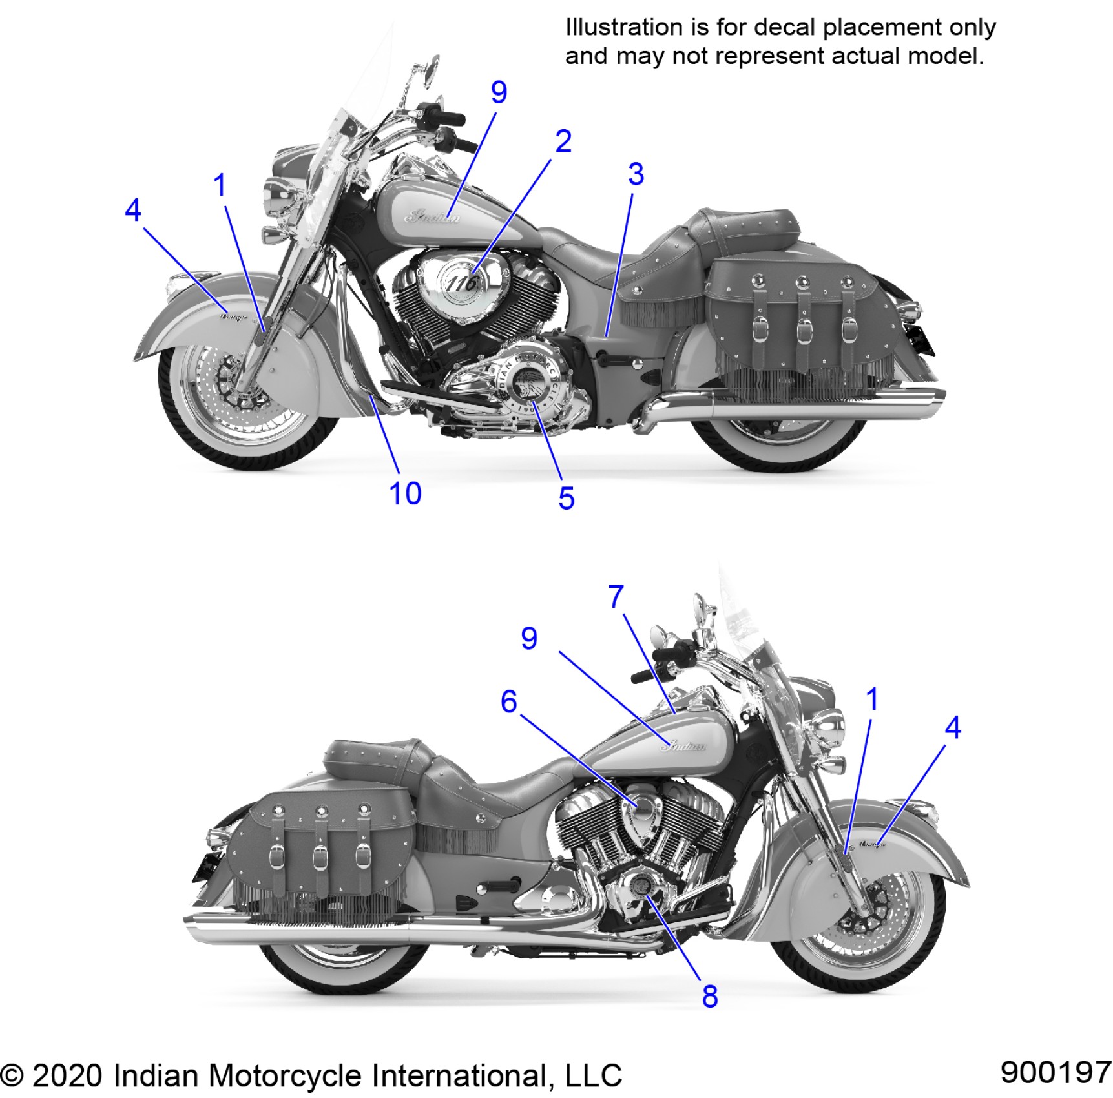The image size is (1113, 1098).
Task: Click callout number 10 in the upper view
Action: click(405, 493)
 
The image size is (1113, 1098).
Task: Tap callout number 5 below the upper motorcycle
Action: click(567, 498)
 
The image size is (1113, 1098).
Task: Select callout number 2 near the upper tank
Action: click(563, 141)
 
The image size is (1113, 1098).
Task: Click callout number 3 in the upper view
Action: click(636, 174)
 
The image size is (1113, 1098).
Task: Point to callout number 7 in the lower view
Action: click(616, 596)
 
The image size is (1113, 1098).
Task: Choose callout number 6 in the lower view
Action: click(509, 701)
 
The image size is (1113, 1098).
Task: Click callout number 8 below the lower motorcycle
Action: click(710, 996)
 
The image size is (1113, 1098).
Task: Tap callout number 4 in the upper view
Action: click(132, 210)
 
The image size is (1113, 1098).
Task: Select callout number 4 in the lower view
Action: click(952, 727)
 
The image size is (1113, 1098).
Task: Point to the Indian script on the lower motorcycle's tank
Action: click(684, 746)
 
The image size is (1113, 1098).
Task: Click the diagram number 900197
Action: click(1055, 1072)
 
